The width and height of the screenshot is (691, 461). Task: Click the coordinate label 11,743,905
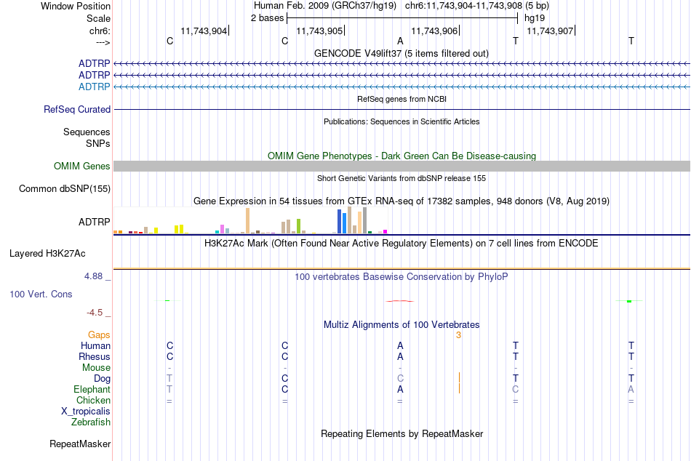(x=319, y=31)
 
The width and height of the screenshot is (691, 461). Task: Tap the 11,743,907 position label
(x=550, y=31)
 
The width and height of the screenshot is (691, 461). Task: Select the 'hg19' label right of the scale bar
(x=535, y=18)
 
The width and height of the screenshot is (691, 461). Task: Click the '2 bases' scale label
(x=267, y=18)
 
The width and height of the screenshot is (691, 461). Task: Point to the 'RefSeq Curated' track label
(x=77, y=109)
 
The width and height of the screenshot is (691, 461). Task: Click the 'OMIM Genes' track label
(x=82, y=167)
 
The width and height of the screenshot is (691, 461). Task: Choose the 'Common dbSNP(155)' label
(x=65, y=188)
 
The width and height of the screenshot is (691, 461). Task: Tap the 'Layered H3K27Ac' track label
(x=47, y=254)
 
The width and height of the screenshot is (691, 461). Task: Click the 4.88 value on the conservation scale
(x=93, y=276)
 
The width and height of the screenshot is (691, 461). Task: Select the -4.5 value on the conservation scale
(x=95, y=313)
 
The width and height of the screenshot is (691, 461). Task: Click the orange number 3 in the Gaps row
(x=458, y=335)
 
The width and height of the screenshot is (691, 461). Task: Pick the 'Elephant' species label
(x=92, y=390)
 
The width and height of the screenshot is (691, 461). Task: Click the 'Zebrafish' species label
(x=91, y=422)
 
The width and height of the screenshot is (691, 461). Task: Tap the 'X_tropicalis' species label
(x=86, y=412)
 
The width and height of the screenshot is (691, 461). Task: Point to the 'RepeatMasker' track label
(x=80, y=444)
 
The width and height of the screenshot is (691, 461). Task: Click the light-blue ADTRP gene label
(x=95, y=87)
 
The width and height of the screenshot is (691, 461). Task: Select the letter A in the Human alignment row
(x=400, y=346)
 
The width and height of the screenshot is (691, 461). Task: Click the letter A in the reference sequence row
(x=400, y=41)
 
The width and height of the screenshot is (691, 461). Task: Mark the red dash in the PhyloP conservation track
(x=400, y=301)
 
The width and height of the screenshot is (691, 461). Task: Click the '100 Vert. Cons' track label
(x=41, y=294)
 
